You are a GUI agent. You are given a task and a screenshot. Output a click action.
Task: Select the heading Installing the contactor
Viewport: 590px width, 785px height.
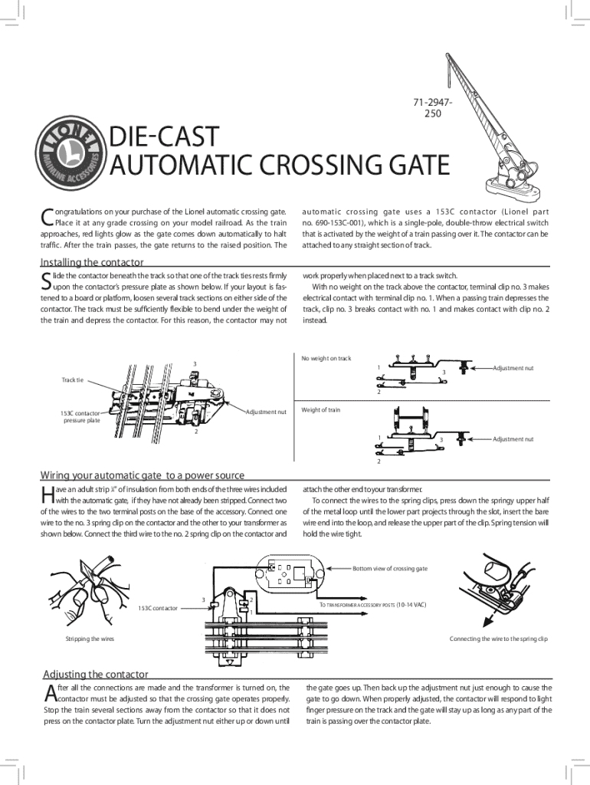[x=92, y=263]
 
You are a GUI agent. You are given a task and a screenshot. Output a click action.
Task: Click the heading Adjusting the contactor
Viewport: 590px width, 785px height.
[x=95, y=674]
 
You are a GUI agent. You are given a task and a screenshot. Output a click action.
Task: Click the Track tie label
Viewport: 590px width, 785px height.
[x=77, y=379]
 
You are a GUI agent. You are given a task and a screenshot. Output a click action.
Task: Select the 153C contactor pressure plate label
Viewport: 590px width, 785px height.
[x=80, y=416]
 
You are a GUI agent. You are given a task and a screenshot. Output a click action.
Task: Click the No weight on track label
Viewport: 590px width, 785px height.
[x=326, y=358]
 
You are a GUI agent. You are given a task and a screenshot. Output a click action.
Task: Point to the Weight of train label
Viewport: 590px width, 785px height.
[x=320, y=409]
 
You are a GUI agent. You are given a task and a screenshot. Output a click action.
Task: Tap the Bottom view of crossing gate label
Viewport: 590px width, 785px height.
[x=389, y=568]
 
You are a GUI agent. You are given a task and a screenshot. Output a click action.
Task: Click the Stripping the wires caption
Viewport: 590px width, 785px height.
[x=90, y=639]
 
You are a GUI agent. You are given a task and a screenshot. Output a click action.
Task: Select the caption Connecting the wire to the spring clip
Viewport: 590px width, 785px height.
[x=498, y=639]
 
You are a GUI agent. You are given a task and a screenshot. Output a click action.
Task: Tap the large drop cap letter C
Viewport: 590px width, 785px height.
[x=46, y=218]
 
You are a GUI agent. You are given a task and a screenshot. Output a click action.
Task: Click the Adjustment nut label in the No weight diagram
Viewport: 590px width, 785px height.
[x=513, y=368]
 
